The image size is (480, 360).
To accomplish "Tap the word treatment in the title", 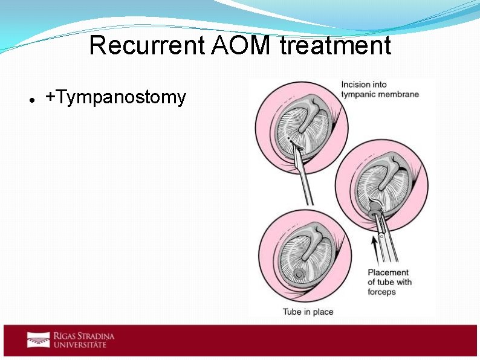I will [336, 46].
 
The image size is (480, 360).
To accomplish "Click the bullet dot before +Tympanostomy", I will [30, 98].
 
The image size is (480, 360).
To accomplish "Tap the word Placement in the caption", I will [388, 272].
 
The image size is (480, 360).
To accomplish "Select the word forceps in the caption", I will [381, 292].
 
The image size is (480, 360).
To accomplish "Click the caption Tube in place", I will [308, 312].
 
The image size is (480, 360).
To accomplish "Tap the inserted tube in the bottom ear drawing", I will [298, 275].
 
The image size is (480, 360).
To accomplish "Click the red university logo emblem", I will [38, 340].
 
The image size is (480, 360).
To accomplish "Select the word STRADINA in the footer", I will [94, 336].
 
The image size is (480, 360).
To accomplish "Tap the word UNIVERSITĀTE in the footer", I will [80, 345].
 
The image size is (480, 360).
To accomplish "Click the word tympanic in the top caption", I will [357, 94].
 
